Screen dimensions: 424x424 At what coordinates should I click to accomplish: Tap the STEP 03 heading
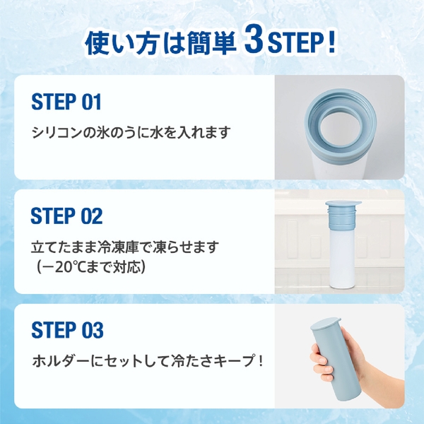point(67,329)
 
